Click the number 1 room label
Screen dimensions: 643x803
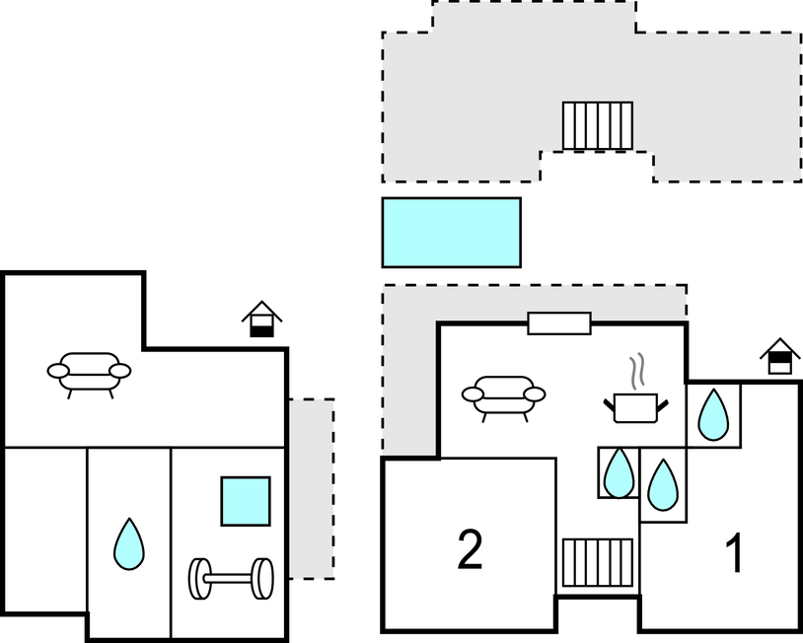tap(733, 555)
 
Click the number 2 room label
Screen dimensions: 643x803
tap(470, 550)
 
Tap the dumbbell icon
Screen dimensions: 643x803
tap(232, 578)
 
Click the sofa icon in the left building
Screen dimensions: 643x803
tap(89, 373)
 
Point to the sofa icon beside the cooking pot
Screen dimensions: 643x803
tap(504, 396)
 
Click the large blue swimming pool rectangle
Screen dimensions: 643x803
tap(451, 232)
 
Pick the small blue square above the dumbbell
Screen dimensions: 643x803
tap(246, 501)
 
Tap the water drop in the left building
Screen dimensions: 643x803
tap(129, 543)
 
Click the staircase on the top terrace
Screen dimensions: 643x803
tap(598, 125)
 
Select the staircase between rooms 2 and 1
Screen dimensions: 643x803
tap(598, 562)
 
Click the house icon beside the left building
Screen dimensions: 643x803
tap(261, 320)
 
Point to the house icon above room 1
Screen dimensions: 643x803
tap(779, 356)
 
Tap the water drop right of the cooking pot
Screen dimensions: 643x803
tap(713, 414)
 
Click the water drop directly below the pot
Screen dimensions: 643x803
tap(619, 472)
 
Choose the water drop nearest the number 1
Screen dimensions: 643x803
tap(663, 485)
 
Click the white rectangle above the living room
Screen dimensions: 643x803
tap(559, 323)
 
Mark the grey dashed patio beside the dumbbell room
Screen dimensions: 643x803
tap(311, 488)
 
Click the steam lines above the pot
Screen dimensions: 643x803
tap(639, 370)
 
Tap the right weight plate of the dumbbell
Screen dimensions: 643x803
tap(262, 578)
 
